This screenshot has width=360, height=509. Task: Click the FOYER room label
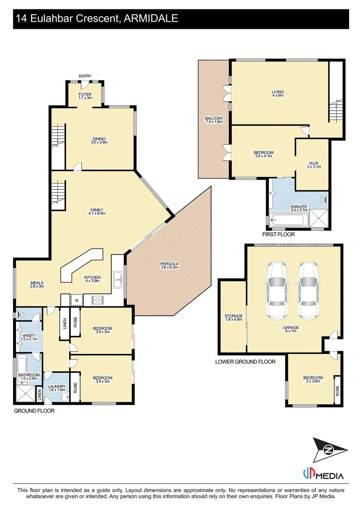pos(85,96)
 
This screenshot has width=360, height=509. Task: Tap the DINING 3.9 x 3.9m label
pos(99,140)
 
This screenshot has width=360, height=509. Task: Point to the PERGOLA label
pos(168,266)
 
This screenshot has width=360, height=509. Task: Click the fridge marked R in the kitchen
pos(76,300)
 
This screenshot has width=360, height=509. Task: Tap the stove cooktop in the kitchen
pos(98,299)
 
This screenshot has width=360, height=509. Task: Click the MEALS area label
pos(37,284)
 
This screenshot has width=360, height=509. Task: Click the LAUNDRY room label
pos(57,388)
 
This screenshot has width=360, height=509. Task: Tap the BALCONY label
pos(213,120)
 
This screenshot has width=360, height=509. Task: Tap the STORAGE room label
pos(233,317)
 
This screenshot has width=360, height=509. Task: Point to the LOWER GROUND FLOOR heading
pos(245,362)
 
